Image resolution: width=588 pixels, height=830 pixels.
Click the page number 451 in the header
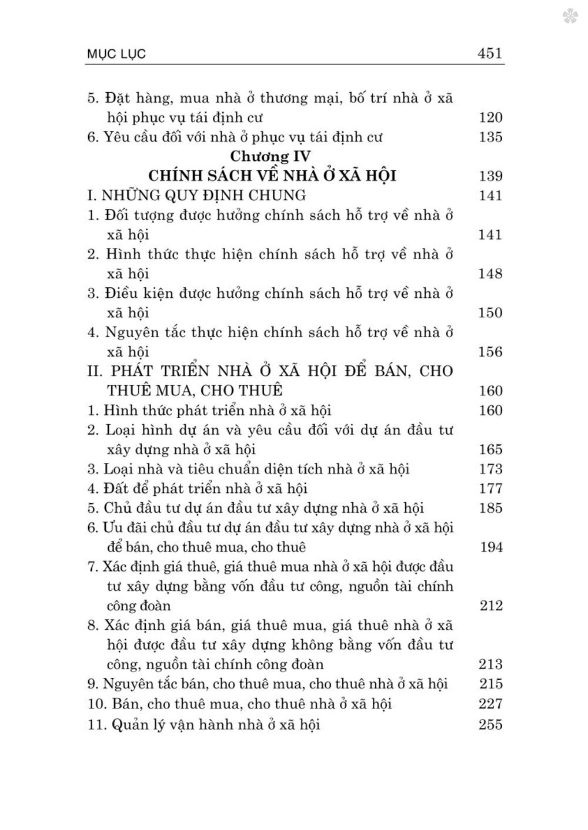pos(490,53)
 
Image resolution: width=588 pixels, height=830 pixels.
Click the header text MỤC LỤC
pos(115,55)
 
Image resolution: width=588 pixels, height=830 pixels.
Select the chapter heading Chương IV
pos(271,156)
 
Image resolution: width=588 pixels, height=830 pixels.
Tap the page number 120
pos(490,117)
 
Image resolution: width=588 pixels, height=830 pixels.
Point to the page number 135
pos(490,137)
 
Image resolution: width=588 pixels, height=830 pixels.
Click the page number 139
pos(490,176)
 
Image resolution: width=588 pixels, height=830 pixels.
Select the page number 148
pos(490,274)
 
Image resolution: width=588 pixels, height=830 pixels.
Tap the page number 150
pos(490,312)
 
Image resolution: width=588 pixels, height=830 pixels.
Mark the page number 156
pos(490,352)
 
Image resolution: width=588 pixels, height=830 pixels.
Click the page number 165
pos(490,449)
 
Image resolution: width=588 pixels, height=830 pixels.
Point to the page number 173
pos(490,469)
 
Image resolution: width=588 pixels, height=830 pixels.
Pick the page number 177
pos(490,488)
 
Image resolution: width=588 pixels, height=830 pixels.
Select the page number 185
pos(490,508)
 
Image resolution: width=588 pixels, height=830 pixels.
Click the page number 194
pos(490,547)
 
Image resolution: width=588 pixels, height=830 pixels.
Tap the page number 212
pos(490,605)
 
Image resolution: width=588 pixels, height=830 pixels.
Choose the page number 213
pos(490,664)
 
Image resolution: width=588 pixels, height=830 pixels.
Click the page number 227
pos(490,703)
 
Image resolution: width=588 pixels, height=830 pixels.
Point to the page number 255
pos(490,724)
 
